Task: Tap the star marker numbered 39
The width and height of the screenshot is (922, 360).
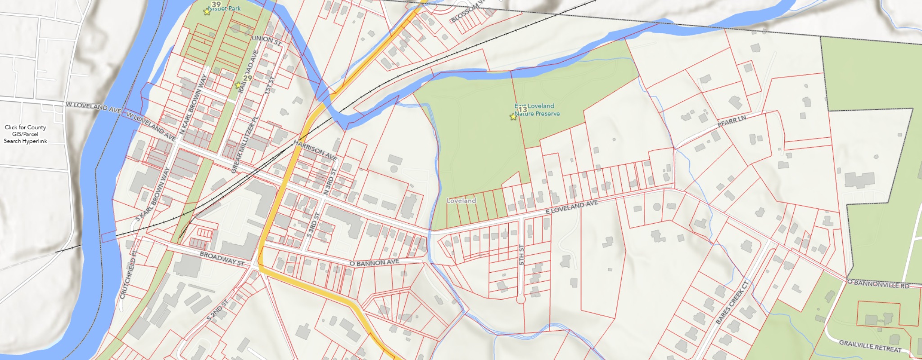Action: click(207, 12)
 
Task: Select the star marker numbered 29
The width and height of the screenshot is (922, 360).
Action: click(238, 85)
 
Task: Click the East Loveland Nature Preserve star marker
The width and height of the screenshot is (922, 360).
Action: click(513, 117)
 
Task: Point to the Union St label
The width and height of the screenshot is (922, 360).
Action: click(267, 40)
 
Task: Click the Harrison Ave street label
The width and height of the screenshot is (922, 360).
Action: click(315, 150)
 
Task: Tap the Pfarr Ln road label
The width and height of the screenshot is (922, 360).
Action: click(732, 121)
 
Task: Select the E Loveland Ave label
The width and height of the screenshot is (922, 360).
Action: click(572, 207)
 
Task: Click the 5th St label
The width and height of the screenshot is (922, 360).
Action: click(522, 255)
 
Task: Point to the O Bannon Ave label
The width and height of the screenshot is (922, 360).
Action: click(374, 262)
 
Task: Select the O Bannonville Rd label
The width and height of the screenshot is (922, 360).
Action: click(878, 284)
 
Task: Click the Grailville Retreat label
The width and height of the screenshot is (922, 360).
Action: click(870, 346)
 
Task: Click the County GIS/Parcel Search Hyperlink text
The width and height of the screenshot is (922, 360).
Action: click(26, 134)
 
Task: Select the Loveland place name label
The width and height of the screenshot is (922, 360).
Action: click(461, 201)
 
